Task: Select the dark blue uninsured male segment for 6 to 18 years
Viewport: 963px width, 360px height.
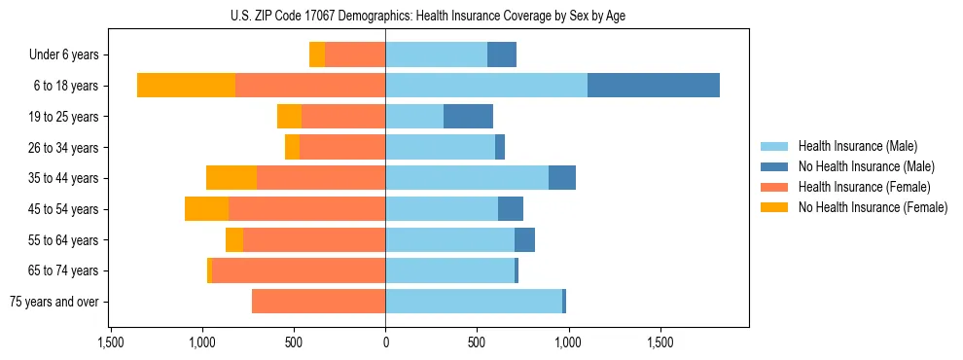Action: [x=654, y=86]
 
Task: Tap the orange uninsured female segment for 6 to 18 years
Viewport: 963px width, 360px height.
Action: [x=186, y=86]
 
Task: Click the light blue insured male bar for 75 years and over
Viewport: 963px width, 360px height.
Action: [x=474, y=302]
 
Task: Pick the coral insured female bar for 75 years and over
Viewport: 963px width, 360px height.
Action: [x=319, y=302]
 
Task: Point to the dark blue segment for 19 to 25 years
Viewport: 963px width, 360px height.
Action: [x=468, y=117]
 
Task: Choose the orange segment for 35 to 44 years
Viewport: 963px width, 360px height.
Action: [x=232, y=178]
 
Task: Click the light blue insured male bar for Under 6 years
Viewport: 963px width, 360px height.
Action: [x=436, y=54]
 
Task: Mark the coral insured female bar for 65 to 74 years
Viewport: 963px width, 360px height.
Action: [x=299, y=270]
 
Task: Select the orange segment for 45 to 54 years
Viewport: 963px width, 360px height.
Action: [x=207, y=209]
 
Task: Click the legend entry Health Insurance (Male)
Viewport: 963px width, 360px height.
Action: [x=856, y=146]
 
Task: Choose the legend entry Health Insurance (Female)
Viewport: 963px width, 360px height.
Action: [x=863, y=187]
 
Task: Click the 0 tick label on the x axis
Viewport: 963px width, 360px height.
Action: [x=385, y=342]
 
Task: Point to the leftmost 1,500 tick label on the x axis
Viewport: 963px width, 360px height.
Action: [x=111, y=342]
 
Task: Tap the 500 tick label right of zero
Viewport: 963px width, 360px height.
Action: [x=477, y=342]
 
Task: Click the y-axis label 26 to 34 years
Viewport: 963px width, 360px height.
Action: [x=64, y=148]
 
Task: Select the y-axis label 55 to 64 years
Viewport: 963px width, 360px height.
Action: [x=64, y=240]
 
